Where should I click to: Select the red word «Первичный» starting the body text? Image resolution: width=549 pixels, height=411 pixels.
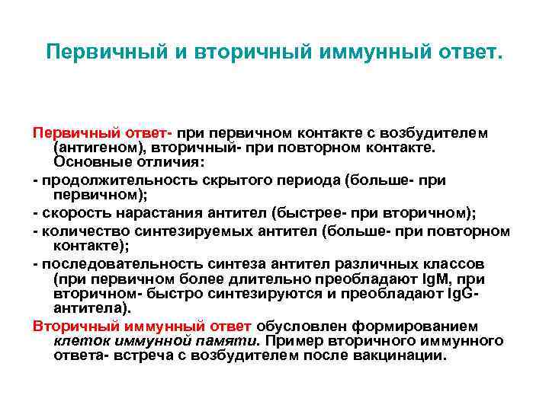[x=67, y=133]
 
